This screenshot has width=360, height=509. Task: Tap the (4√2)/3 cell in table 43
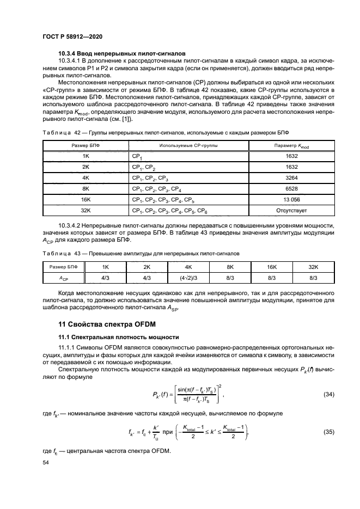[x=188, y=278]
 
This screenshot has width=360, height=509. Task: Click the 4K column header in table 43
[x=188, y=267]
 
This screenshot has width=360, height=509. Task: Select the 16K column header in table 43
[x=271, y=267]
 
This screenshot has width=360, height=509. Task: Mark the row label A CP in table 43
[x=64, y=278]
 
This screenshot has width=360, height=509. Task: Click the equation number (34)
[x=327, y=394]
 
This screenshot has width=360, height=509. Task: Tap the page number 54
[x=46, y=462]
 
